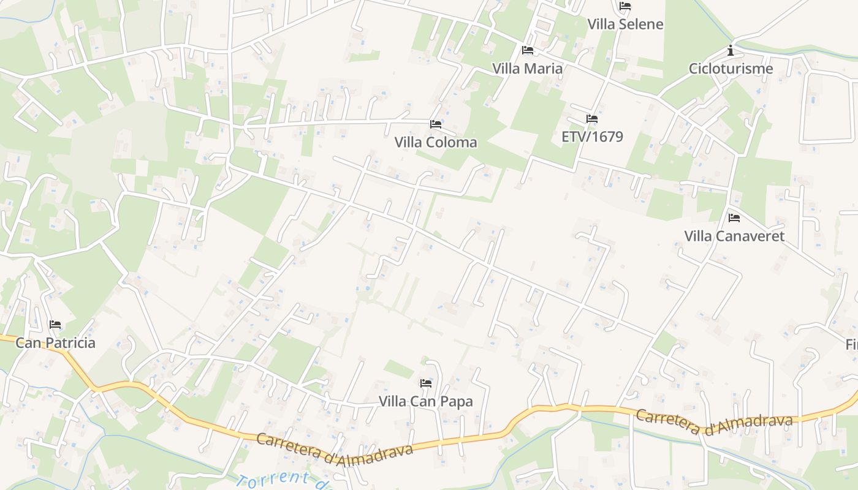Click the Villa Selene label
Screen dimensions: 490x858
click(x=625, y=24)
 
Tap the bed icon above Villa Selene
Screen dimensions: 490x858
click(x=625, y=6)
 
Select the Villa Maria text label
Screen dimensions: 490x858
click(x=528, y=68)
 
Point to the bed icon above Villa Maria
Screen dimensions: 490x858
click(x=528, y=50)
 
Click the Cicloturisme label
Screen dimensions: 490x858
click(x=731, y=68)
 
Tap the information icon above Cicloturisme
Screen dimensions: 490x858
click(x=731, y=50)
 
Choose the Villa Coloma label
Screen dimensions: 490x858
click(x=436, y=142)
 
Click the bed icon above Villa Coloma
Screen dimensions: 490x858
click(x=436, y=124)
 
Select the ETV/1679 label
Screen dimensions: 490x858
click(x=592, y=136)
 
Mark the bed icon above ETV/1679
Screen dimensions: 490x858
click(x=592, y=119)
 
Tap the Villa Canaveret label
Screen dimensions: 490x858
click(x=734, y=236)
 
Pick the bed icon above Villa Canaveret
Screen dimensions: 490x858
click(x=734, y=218)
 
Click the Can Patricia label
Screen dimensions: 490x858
click(x=55, y=342)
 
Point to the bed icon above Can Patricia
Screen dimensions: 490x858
click(x=55, y=325)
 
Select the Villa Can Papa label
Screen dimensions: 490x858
click(x=426, y=401)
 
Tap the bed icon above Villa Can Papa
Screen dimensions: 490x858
click(x=426, y=383)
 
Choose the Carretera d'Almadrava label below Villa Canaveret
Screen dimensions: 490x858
click(x=714, y=422)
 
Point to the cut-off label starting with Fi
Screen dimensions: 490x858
click(x=851, y=344)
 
